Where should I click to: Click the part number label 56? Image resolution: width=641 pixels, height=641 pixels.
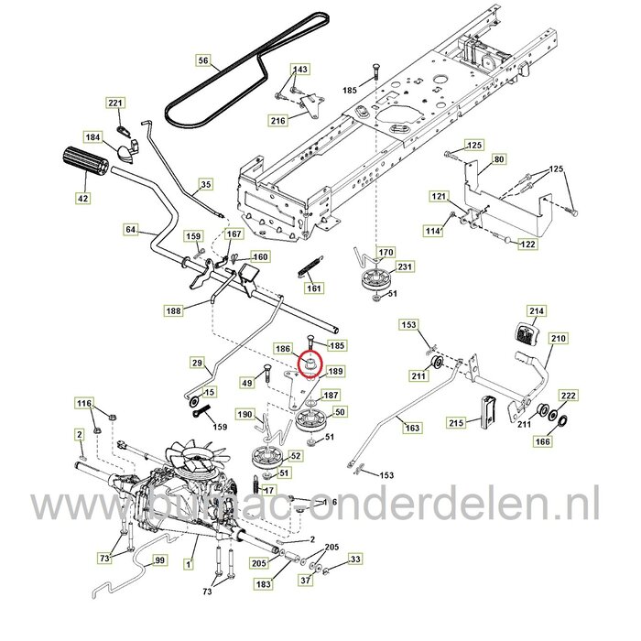coord(203,61)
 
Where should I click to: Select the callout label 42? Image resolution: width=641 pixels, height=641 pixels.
coord(82,196)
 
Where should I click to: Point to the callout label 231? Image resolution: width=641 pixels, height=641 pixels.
coord(406,266)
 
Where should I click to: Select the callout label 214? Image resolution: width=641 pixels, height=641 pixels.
coord(537,311)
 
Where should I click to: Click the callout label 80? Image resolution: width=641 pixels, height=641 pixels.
coord(524,159)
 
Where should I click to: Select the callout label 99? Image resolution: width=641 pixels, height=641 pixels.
coord(160,560)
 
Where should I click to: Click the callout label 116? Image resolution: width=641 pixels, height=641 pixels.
coord(83,403)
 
